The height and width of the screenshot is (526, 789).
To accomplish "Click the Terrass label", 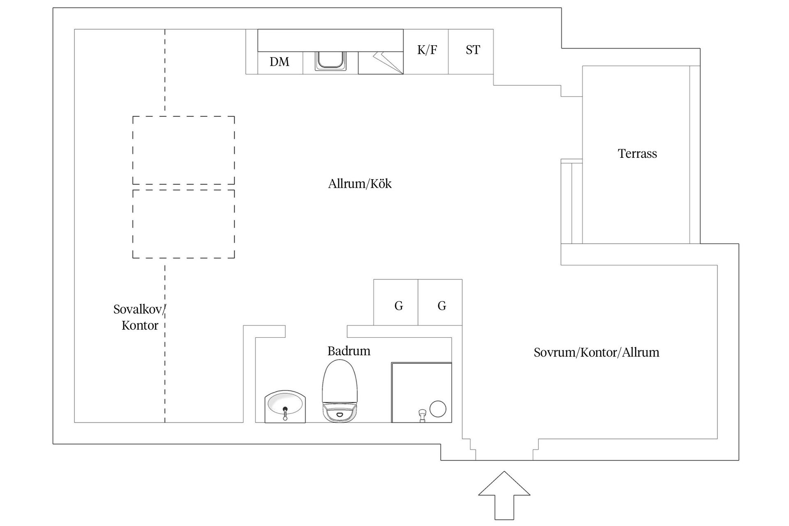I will click(x=637, y=154).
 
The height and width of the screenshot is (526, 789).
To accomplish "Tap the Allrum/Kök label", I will click(x=360, y=184).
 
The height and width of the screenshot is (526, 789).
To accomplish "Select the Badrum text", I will click(x=348, y=351).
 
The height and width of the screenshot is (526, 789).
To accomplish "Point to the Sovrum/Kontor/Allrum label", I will click(x=596, y=353).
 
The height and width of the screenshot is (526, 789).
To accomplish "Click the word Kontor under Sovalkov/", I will click(x=140, y=325).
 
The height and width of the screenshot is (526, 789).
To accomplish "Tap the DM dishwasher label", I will click(x=279, y=62).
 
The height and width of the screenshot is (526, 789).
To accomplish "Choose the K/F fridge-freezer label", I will click(x=427, y=50).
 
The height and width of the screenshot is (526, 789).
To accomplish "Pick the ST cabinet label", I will click(x=473, y=50).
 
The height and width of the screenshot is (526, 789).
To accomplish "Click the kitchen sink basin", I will click(x=330, y=61).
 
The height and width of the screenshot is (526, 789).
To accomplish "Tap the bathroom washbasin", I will click(x=285, y=405).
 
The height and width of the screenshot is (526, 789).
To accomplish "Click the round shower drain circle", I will click(x=438, y=409).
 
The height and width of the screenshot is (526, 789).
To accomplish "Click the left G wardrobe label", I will click(x=399, y=306).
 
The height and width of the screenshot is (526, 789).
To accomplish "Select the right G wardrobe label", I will click(x=442, y=306).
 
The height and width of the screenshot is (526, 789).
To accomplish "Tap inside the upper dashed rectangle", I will click(x=183, y=150).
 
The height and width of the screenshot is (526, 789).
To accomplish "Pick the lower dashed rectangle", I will click(x=183, y=224).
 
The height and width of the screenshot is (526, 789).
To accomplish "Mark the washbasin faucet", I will click(x=285, y=413).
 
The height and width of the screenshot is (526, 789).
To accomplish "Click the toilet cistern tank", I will click(x=340, y=413).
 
